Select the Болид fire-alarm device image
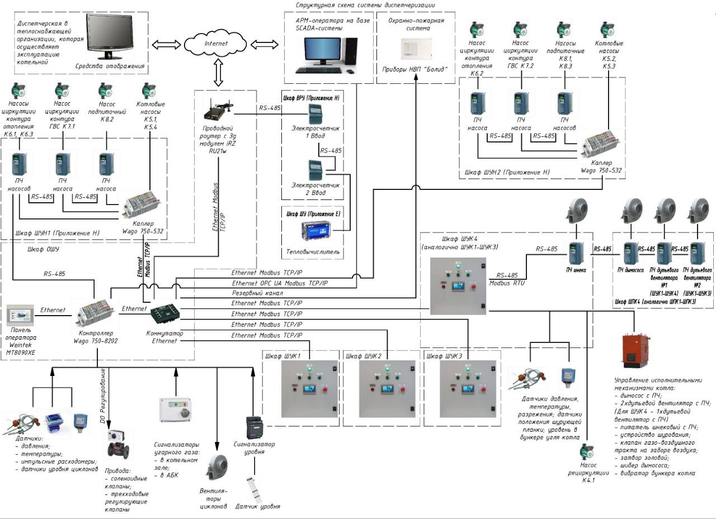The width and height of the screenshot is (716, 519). (x=411, y=49)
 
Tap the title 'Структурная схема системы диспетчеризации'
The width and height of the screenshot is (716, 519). (x=365, y=5)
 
